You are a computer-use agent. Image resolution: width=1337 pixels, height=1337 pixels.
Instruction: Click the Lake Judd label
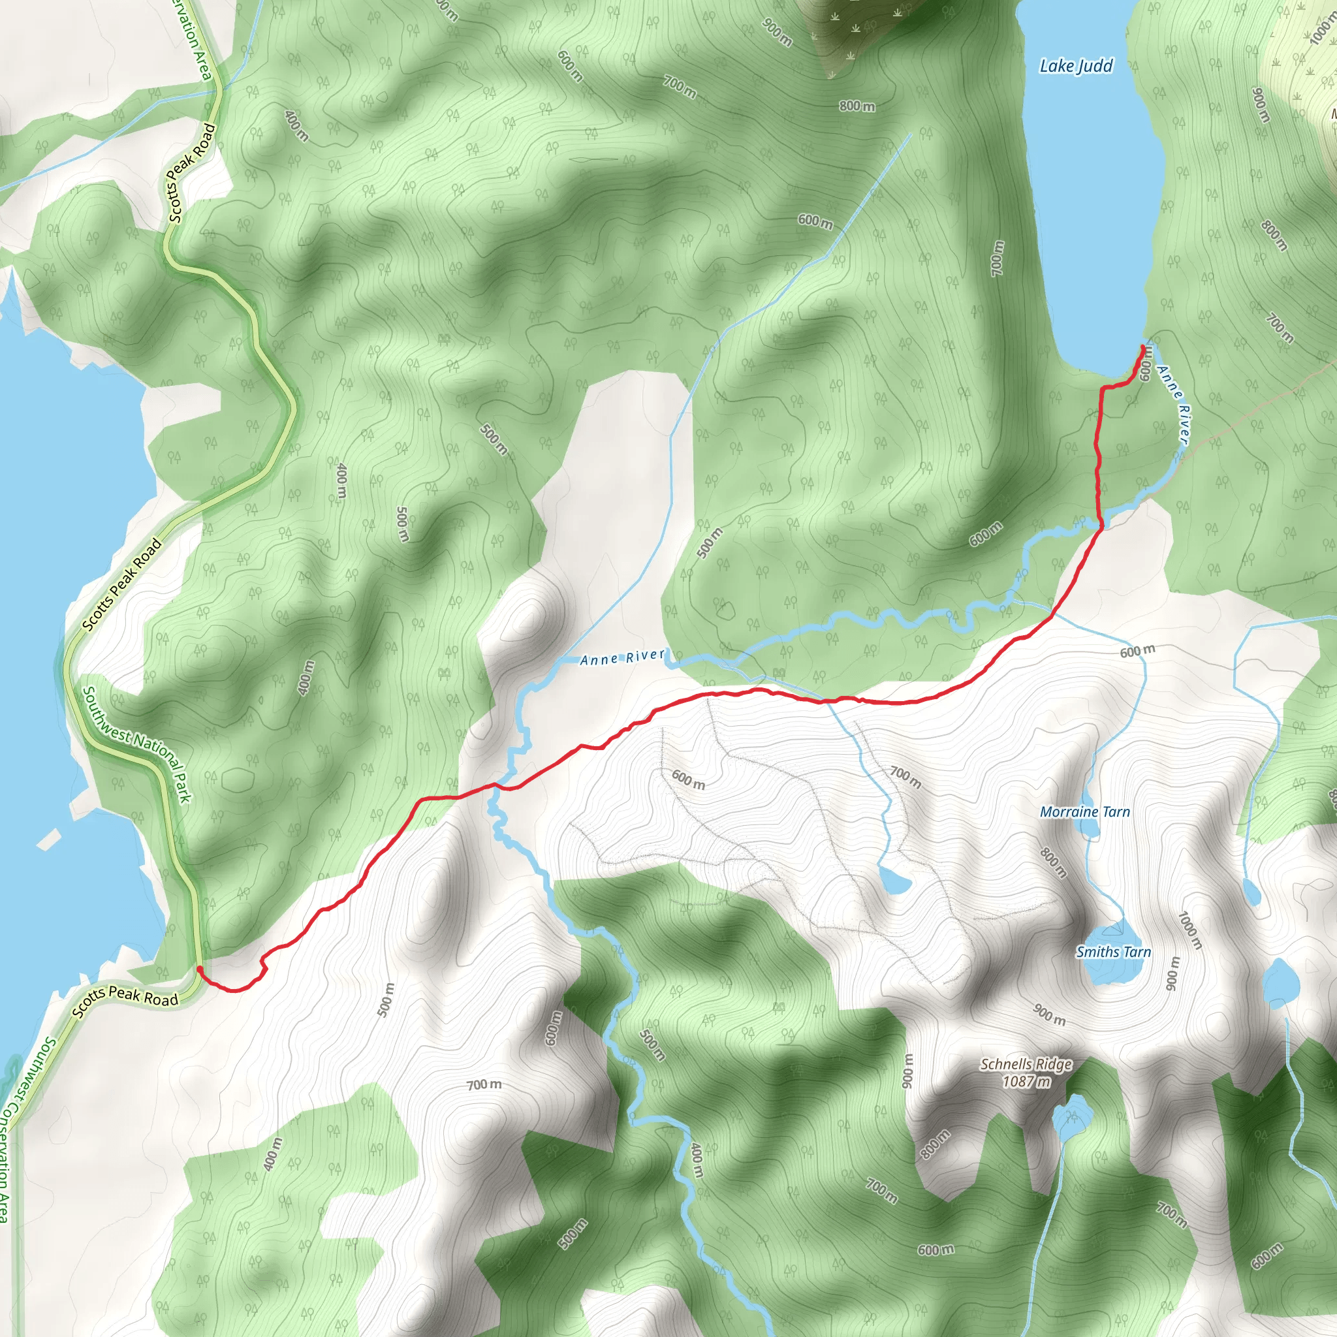click(x=1076, y=67)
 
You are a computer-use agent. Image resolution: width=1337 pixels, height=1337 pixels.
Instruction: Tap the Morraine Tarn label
click(x=1084, y=811)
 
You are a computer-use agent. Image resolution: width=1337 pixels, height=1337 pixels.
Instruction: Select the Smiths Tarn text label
click(x=1114, y=952)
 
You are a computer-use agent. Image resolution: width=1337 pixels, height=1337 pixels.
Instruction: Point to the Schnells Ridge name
click(x=1026, y=1064)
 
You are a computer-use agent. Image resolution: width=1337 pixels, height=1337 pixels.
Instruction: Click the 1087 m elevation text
click(x=1026, y=1081)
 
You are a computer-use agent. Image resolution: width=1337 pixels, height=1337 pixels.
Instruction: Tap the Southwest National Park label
click(x=136, y=745)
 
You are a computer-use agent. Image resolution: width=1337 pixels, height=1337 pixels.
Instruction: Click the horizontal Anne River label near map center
click(x=622, y=657)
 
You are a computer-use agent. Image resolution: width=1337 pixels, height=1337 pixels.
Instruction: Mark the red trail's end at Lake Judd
click(x=1141, y=346)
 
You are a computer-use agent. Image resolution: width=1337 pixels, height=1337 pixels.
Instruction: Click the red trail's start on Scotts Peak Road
click(x=199, y=968)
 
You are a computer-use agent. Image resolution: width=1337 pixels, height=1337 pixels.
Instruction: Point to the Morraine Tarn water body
click(x=1090, y=828)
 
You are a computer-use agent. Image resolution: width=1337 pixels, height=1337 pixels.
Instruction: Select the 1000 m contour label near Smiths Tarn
click(x=1190, y=930)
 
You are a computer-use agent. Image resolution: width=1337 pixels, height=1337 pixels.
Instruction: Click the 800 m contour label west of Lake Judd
click(x=857, y=106)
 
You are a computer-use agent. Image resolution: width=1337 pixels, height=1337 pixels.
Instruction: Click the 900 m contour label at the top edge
click(x=777, y=31)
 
